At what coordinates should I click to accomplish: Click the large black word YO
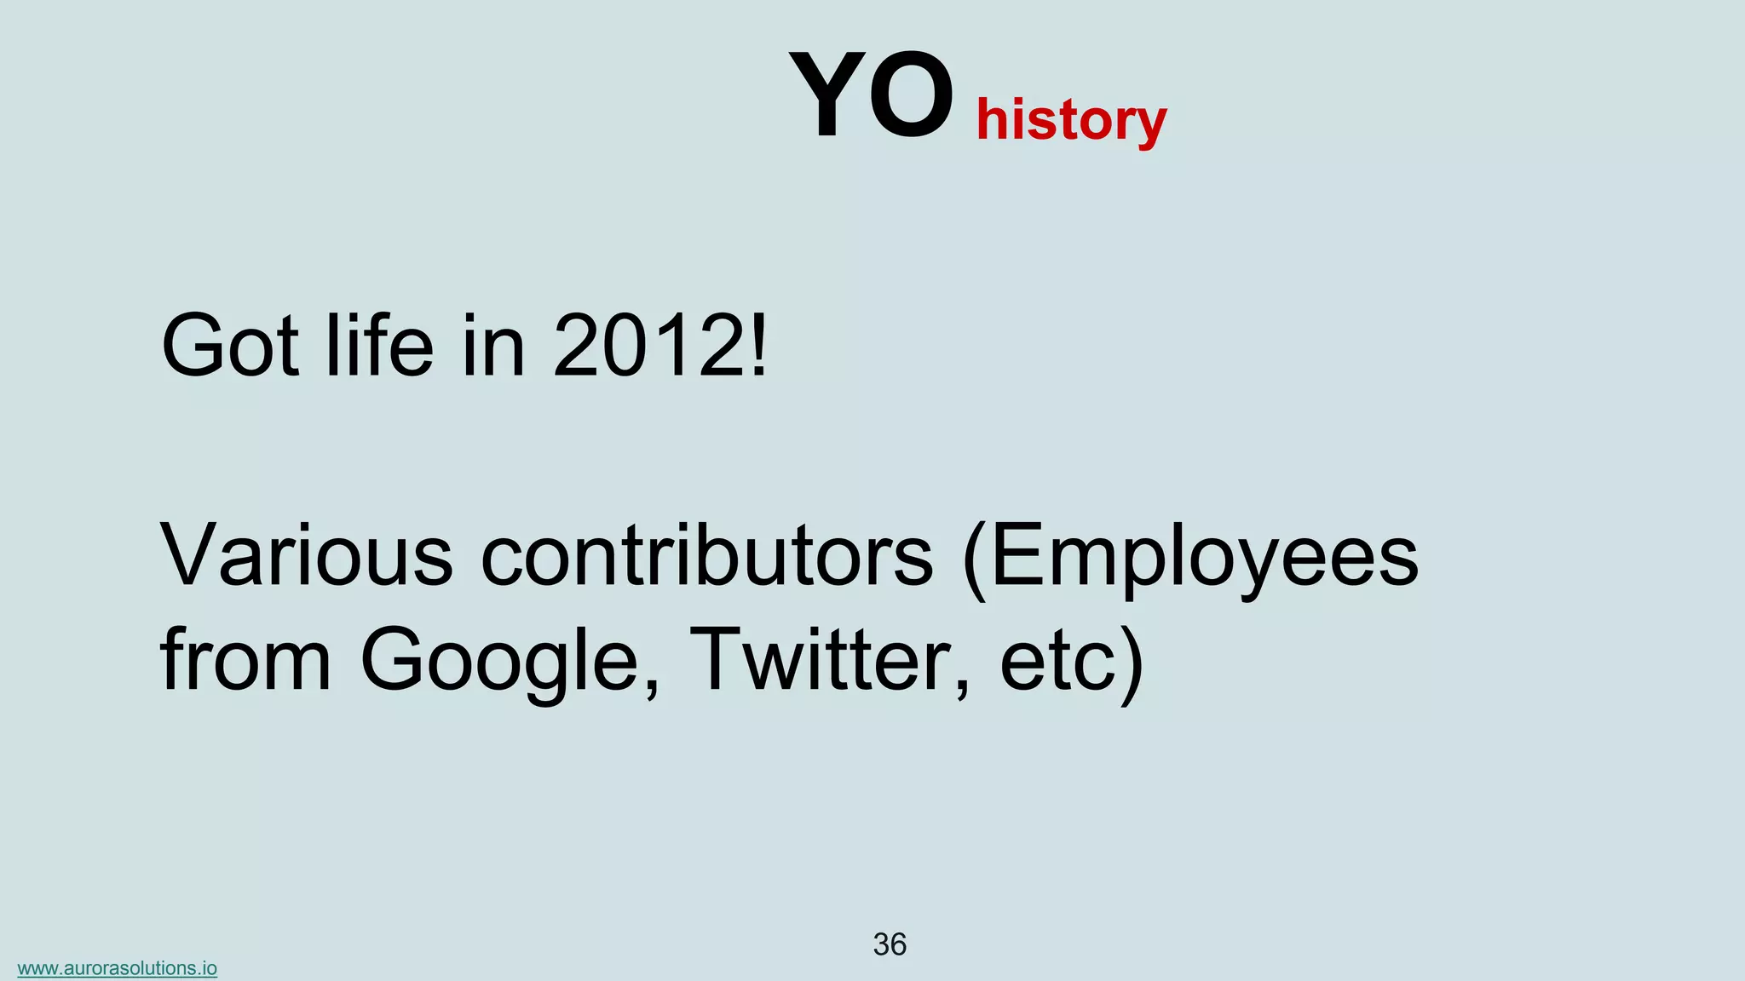[871, 95]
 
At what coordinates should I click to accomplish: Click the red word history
[1071, 120]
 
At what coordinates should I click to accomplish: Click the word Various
[307, 556]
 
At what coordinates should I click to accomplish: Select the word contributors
[707, 556]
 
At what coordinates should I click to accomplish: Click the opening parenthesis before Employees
[974, 558]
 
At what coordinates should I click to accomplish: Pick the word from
[245, 660]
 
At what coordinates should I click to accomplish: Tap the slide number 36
[890, 944]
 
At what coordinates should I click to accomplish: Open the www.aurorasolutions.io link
[118, 968]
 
